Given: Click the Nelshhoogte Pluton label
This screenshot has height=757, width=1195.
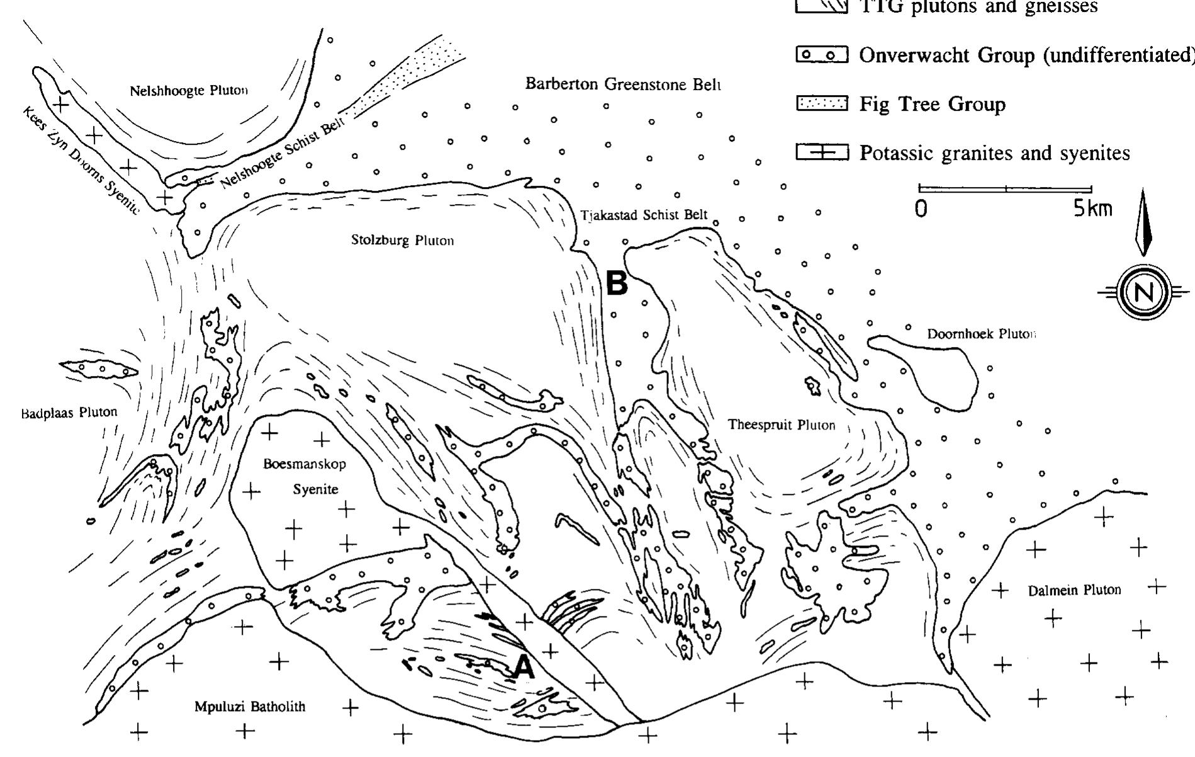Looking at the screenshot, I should (x=189, y=91).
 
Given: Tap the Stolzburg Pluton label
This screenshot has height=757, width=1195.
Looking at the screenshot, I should (x=403, y=240).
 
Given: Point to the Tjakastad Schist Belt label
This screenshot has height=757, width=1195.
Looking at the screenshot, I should (x=644, y=215).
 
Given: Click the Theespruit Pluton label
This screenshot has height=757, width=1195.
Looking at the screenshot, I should (x=782, y=424).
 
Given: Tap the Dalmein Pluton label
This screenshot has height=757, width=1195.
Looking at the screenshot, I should (x=1074, y=590).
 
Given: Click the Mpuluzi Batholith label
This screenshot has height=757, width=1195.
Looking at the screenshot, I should (x=250, y=707).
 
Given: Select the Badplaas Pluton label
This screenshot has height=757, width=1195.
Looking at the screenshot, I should (x=69, y=413).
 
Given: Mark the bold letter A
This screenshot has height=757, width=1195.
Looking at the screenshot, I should (x=524, y=668).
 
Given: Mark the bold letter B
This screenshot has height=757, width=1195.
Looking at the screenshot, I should (x=617, y=283).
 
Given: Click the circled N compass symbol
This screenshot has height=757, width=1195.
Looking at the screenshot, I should (x=1145, y=292).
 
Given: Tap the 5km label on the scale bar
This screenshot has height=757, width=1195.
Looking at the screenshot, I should (x=1092, y=208).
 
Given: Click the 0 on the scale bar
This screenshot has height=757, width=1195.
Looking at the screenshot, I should (x=921, y=208).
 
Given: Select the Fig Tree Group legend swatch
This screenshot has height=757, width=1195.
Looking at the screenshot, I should (x=822, y=104).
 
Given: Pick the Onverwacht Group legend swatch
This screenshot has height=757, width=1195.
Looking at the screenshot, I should (x=822, y=55).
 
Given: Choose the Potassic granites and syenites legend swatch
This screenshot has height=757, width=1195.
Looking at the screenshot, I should (x=822, y=152).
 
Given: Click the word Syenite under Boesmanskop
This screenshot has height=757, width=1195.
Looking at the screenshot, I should (x=315, y=489).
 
